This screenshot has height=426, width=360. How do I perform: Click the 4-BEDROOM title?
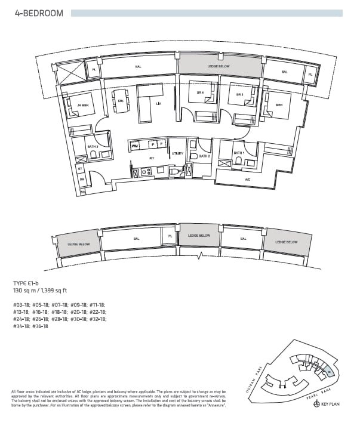39,13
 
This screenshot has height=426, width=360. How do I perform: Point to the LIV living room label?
158,104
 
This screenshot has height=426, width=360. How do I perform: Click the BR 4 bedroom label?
200,93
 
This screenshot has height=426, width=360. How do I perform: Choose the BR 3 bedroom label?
239,95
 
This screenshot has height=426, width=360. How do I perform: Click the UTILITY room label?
177,154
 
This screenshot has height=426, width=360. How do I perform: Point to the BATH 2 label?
205,156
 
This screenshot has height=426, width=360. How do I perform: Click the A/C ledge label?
247,179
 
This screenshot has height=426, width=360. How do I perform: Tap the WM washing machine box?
134,145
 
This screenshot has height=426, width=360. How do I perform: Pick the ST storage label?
80,169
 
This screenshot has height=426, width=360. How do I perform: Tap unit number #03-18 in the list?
21,305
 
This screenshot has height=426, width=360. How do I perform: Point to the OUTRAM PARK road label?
262,373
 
